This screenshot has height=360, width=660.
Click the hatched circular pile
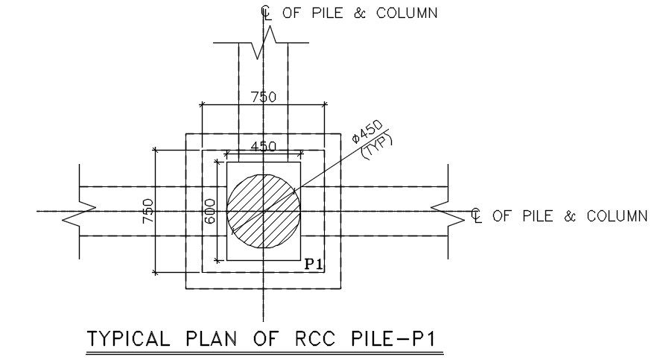[263, 211]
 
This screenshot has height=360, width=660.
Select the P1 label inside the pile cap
[313, 264]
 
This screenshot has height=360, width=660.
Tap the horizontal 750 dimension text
[263, 98]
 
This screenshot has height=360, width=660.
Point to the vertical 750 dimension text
[147, 212]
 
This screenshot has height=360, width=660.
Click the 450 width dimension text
[263, 147]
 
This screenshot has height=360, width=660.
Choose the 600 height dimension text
[210, 212]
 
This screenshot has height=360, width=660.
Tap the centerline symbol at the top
[266, 13]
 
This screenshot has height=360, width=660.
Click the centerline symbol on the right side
[475, 216]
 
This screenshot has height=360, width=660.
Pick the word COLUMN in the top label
[407, 13]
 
